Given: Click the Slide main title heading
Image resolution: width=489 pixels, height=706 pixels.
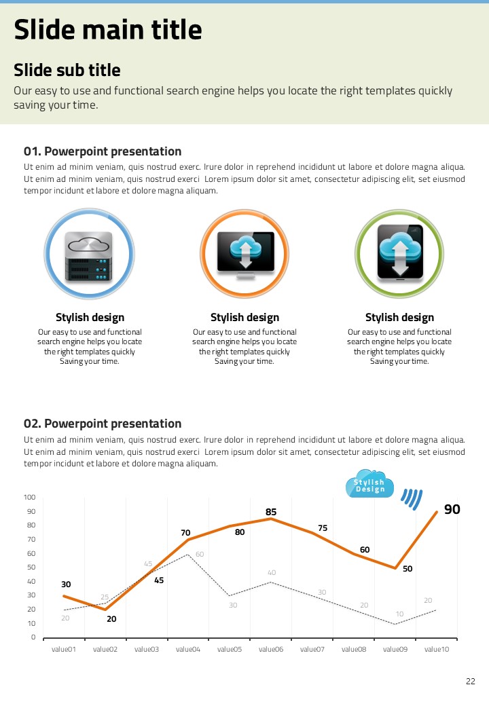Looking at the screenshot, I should tap(108, 30).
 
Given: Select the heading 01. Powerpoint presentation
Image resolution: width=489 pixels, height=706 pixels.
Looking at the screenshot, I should tap(103, 151).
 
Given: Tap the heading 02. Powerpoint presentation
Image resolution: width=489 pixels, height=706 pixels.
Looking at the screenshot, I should tap(103, 424).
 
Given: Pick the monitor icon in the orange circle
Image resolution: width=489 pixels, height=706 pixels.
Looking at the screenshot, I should tap(245, 253).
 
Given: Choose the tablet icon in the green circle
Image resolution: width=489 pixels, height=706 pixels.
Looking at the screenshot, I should tap(400, 253).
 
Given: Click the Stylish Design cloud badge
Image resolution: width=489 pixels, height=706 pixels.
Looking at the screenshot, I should tap(369, 484).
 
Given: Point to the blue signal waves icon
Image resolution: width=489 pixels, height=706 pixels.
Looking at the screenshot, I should tap(411, 498).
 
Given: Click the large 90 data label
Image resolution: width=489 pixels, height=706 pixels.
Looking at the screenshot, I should tap(452, 509).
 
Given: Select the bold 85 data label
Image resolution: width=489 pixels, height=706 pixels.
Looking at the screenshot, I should tap(271, 512).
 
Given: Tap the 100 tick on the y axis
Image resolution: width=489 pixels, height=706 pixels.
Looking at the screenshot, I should tap(29, 498).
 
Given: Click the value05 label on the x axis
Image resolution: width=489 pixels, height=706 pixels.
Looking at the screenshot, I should tap(230, 650).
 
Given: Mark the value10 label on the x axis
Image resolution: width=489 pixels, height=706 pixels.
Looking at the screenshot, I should tap(437, 650).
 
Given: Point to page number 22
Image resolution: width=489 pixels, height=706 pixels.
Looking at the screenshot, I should tap(471, 682).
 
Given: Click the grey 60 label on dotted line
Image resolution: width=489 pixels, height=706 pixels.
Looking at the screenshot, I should tap(200, 555).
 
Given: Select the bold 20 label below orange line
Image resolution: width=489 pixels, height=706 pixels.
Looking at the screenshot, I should tap(111, 619).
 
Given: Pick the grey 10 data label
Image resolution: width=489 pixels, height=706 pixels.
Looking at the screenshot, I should tap(400, 614).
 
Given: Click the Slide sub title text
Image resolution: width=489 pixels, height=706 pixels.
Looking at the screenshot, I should tap(67, 70).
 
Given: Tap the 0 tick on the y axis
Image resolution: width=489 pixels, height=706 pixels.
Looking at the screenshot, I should tap(33, 637).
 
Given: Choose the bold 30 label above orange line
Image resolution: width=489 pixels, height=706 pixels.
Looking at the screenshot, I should tap(66, 584).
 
